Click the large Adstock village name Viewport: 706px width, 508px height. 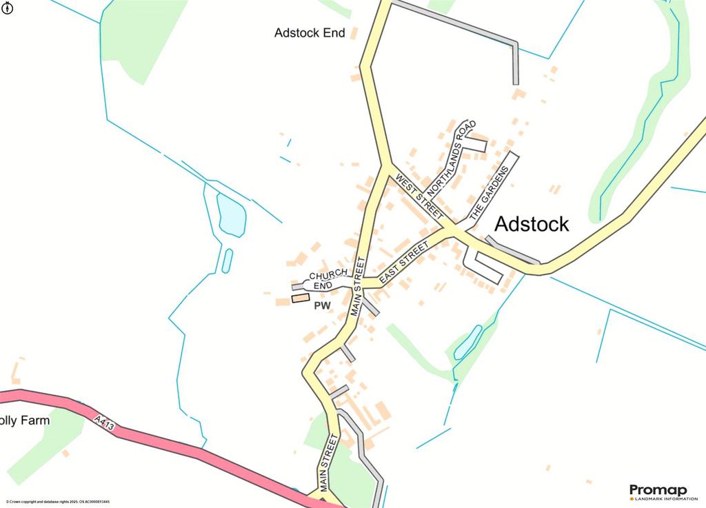point(532,224)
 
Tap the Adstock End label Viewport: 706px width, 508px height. point(310,33)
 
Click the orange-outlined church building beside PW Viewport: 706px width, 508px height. point(300,298)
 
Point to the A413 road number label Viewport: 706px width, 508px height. point(104,423)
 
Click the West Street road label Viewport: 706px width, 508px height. point(418,196)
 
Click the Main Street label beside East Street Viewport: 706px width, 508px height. point(358,286)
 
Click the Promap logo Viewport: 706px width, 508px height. point(658,491)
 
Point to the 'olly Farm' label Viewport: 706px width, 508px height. point(25,420)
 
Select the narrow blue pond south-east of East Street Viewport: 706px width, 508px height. point(467,342)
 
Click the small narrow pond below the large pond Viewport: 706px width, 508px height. point(227,260)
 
